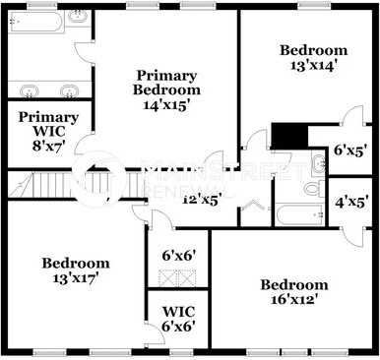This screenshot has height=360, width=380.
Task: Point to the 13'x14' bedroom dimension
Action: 313,67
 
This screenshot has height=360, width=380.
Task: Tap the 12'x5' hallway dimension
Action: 202,198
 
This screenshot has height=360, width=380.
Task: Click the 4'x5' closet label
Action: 351,204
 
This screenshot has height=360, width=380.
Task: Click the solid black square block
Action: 286,136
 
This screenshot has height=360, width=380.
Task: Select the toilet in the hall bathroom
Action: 313,187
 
